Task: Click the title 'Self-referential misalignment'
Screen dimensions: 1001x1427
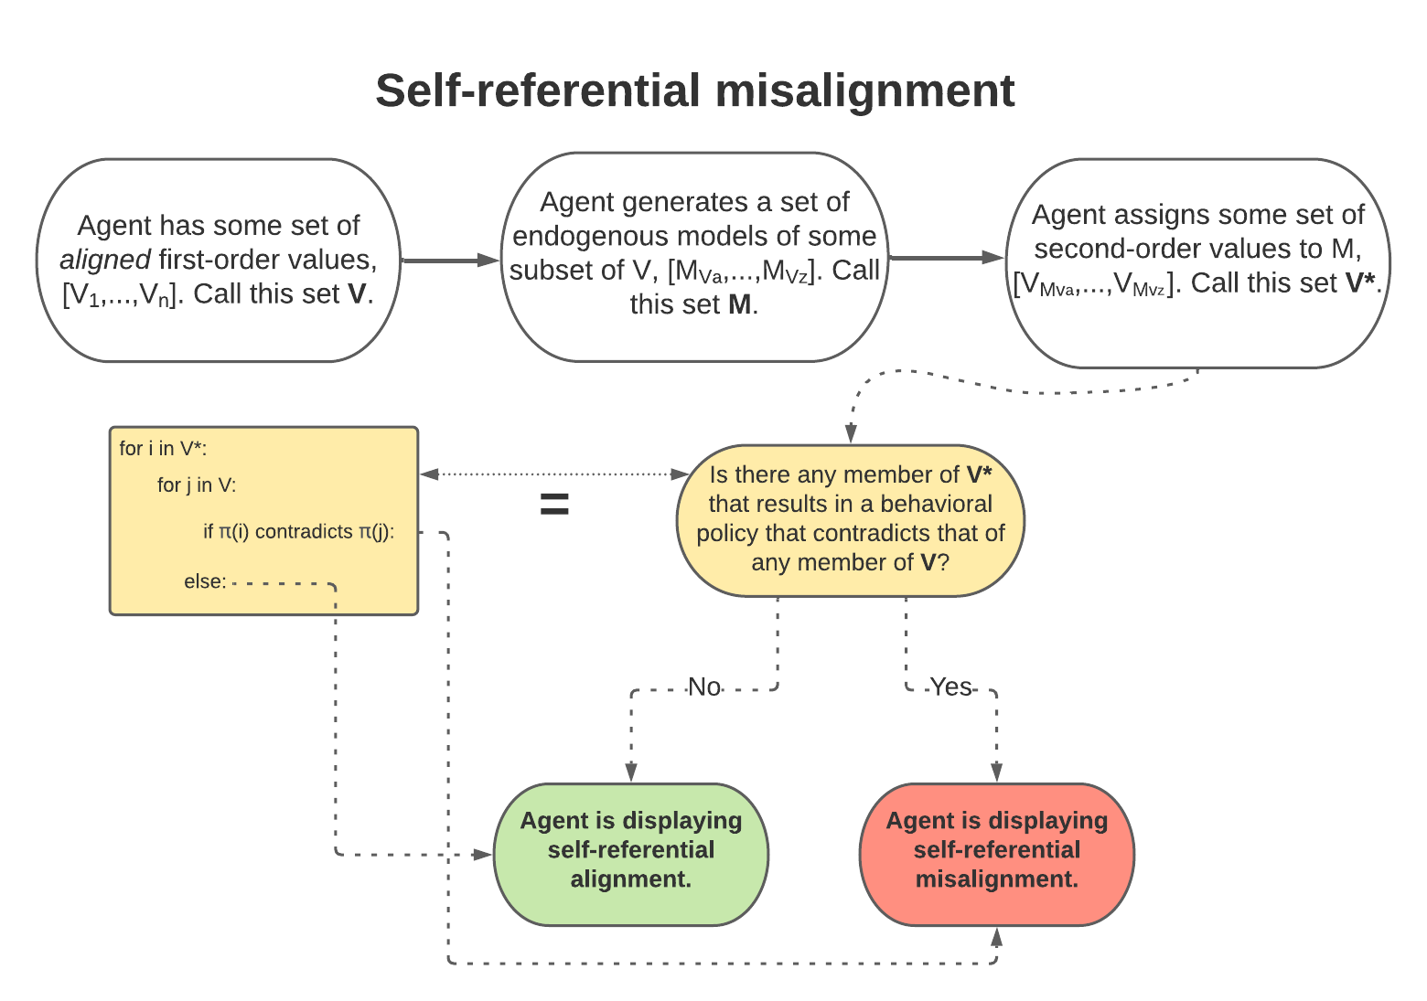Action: [694, 91]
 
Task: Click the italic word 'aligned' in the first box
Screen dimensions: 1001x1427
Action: [105, 260]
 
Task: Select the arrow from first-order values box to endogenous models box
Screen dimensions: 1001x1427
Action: [450, 261]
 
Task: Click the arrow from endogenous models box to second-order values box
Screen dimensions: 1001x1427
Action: [947, 259]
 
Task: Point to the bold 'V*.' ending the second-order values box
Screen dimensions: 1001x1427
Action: [1362, 283]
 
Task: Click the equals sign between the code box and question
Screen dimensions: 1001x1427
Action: [554, 504]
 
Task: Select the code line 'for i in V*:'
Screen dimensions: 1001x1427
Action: [163, 448]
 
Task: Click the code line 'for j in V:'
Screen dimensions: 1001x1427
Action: [196, 485]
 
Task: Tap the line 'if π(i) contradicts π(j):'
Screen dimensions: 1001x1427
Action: [298, 531]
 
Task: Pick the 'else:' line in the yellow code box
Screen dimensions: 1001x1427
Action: [205, 581]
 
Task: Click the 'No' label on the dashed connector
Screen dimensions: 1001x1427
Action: [704, 687]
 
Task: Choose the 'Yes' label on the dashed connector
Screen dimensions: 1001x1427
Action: [950, 687]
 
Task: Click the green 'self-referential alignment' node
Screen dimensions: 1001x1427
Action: [631, 851]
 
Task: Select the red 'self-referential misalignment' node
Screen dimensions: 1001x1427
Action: [996, 851]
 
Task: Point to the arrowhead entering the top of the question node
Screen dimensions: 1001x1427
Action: [851, 434]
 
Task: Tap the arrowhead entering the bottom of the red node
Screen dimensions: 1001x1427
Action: [997, 936]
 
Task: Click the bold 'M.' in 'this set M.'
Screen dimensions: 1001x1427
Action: [743, 304]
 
